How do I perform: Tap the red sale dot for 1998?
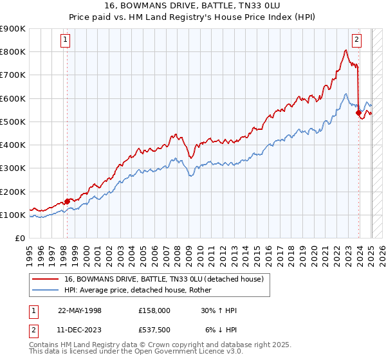[67, 201]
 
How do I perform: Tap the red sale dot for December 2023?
[358, 113]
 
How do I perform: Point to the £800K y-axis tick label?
[13, 51]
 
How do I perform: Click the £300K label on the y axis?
[13, 168]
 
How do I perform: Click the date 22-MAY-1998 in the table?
[80, 310]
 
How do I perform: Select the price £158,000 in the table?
[154, 310]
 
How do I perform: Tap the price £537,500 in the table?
[154, 330]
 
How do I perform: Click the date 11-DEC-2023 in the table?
[80, 330]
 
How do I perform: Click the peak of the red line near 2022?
[346, 50]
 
